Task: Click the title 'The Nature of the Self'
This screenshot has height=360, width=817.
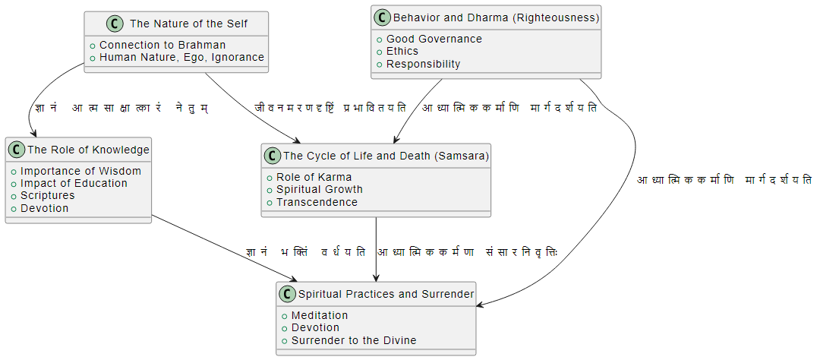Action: tap(188, 24)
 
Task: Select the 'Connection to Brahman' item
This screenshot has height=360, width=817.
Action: tap(162, 45)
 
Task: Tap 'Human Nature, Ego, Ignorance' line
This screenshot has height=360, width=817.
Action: tap(181, 57)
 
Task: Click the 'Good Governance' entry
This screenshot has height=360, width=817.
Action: tap(434, 39)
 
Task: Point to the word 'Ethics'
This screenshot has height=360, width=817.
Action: tap(402, 51)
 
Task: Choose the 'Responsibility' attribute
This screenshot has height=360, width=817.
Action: tap(423, 64)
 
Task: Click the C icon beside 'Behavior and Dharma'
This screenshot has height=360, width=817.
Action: tap(382, 17)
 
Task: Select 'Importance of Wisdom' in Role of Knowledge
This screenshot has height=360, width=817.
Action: tap(80, 171)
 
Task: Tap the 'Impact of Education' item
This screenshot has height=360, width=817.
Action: tap(74, 183)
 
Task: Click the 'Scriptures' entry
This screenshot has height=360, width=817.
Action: tap(47, 195)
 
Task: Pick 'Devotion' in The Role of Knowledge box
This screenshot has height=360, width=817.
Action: tap(44, 208)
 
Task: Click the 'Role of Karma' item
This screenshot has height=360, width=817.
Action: tap(314, 177)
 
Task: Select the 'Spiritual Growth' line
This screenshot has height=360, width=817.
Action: tap(319, 189)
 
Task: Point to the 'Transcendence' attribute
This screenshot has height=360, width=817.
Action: tap(317, 202)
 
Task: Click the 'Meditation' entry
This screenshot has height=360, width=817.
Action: tap(319, 315)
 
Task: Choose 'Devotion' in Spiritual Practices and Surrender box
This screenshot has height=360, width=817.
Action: tap(315, 327)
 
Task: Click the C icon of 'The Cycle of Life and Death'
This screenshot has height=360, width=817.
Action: tap(273, 156)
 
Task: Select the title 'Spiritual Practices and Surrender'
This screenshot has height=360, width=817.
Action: tap(386, 294)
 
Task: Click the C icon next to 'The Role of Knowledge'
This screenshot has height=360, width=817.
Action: tap(17, 150)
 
